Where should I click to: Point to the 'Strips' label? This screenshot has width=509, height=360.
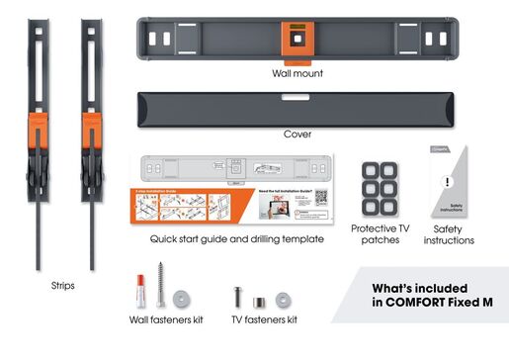pyautogui.click(x=61, y=285)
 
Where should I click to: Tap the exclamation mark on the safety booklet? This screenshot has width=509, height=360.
pyautogui.click(x=447, y=182)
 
